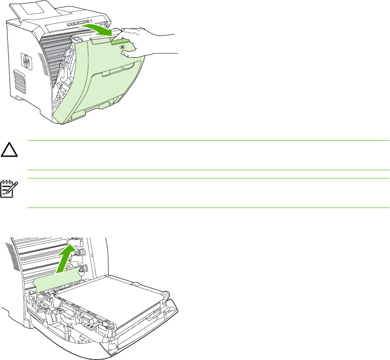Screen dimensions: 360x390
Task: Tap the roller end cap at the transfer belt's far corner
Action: click(166, 295)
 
